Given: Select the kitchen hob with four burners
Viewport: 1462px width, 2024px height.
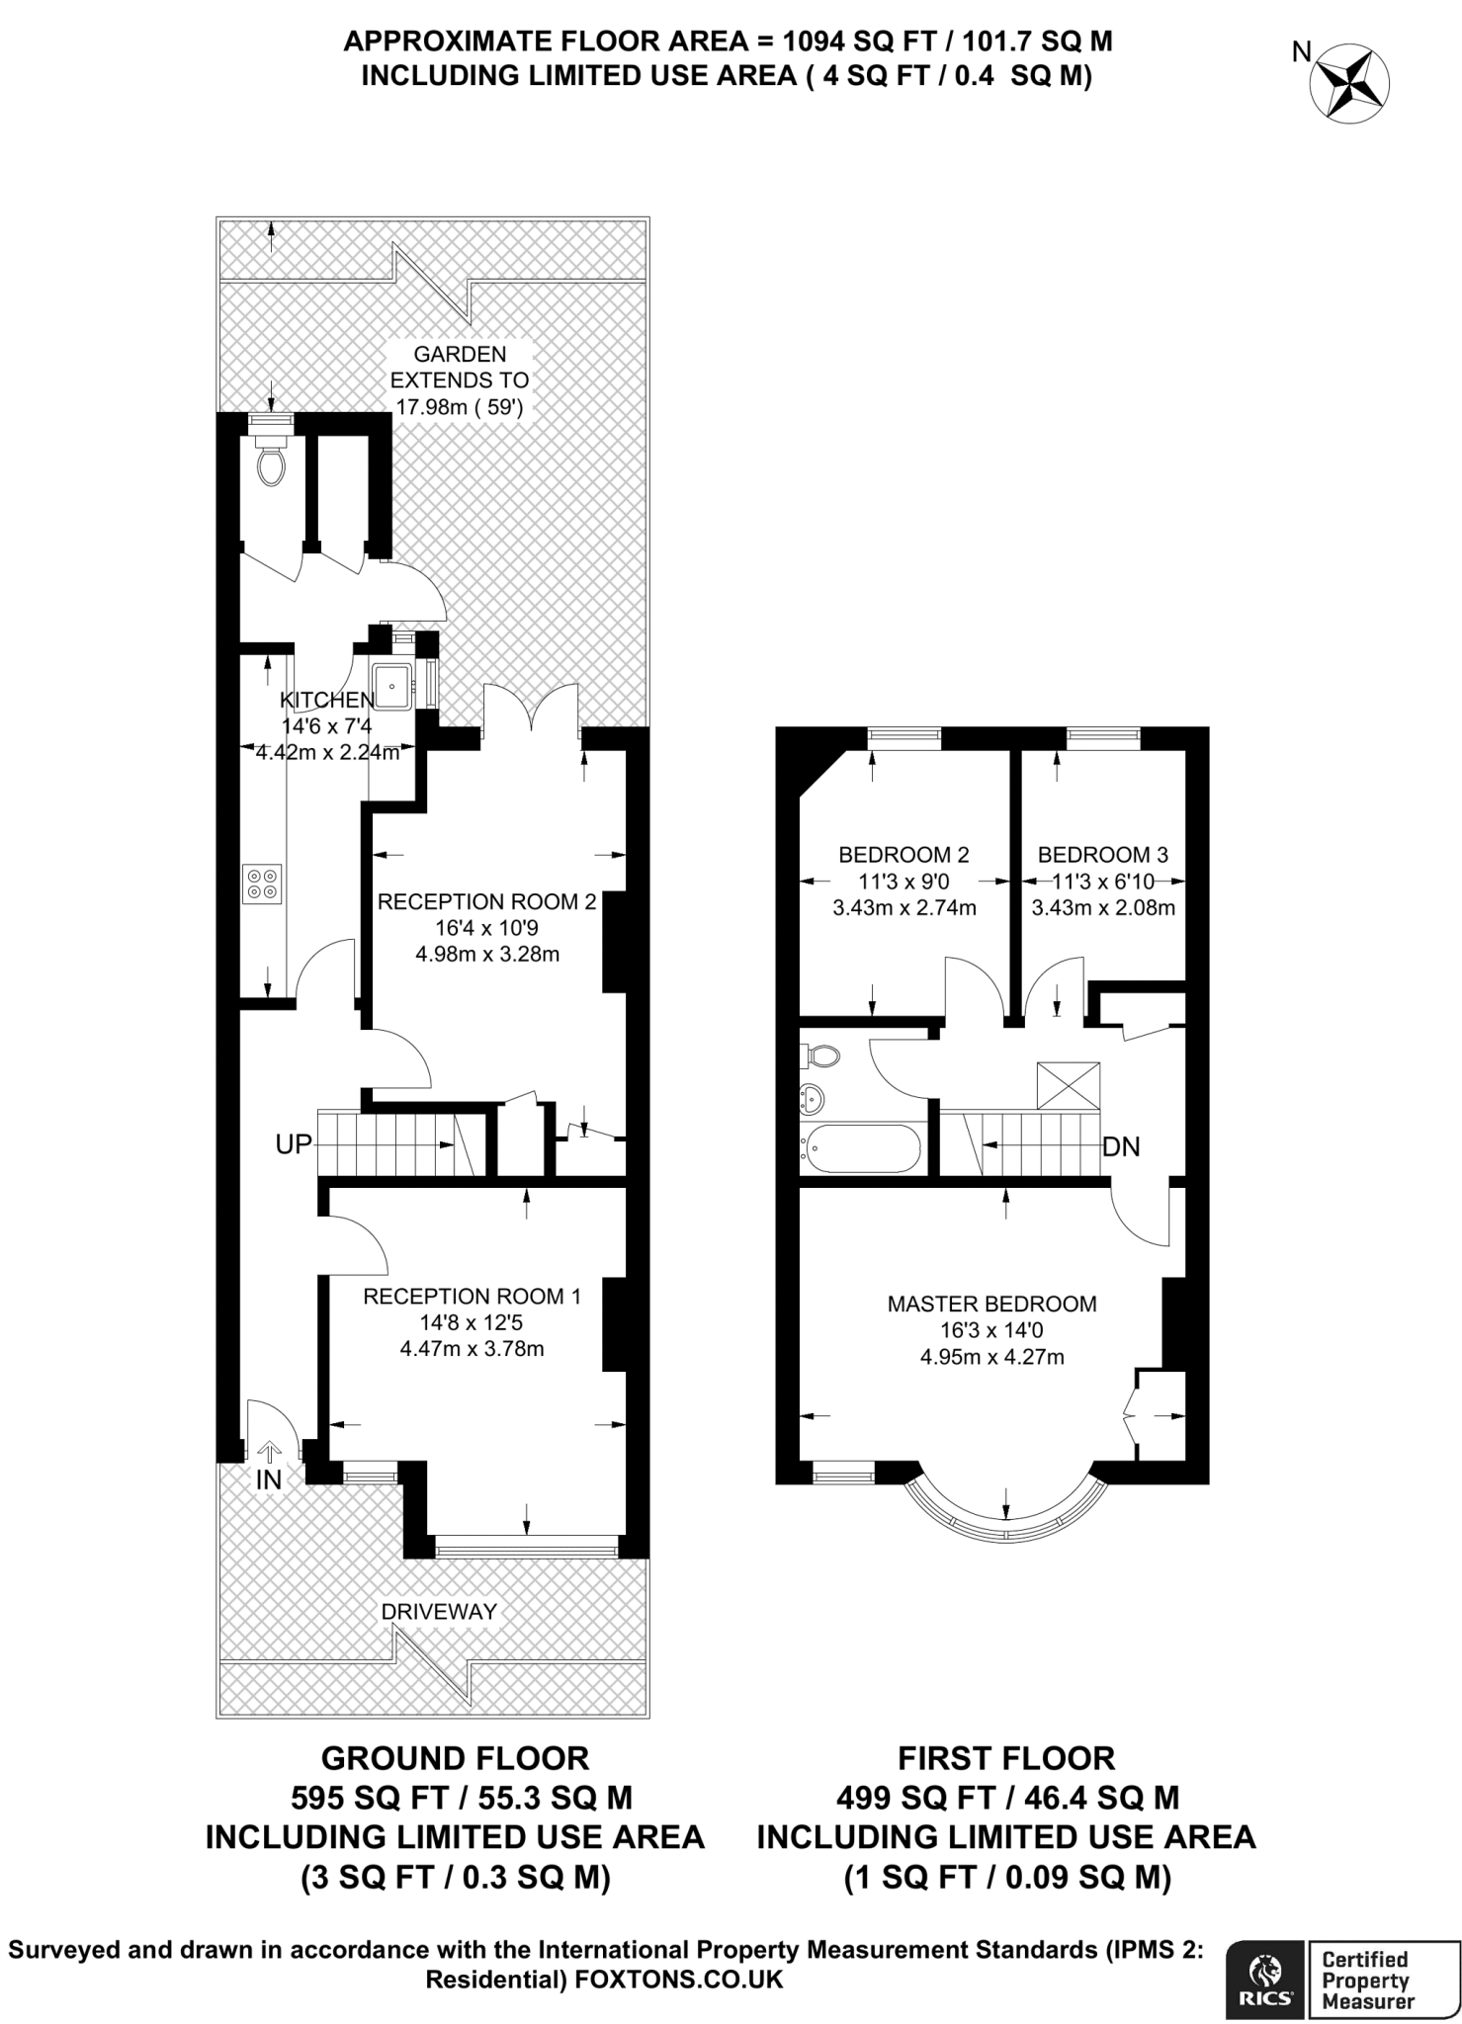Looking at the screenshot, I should click(x=263, y=883).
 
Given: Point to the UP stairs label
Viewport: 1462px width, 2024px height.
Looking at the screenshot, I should click(x=294, y=1144).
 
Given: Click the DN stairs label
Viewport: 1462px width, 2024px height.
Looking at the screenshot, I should click(x=1121, y=1146).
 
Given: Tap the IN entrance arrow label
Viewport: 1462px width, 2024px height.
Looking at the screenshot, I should click(x=269, y=1479).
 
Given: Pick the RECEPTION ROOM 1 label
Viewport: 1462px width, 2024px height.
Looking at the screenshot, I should click(x=472, y=1296).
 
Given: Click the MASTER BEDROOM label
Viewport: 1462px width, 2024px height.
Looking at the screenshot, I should click(x=991, y=1304).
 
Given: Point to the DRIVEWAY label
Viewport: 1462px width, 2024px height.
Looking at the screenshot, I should click(x=439, y=1612).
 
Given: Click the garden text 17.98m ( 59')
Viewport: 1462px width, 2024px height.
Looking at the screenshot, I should click(x=459, y=406).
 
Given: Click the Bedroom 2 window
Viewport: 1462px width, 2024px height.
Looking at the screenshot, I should click(x=904, y=734).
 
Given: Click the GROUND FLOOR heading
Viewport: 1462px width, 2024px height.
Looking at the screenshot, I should click(x=455, y=1758).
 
